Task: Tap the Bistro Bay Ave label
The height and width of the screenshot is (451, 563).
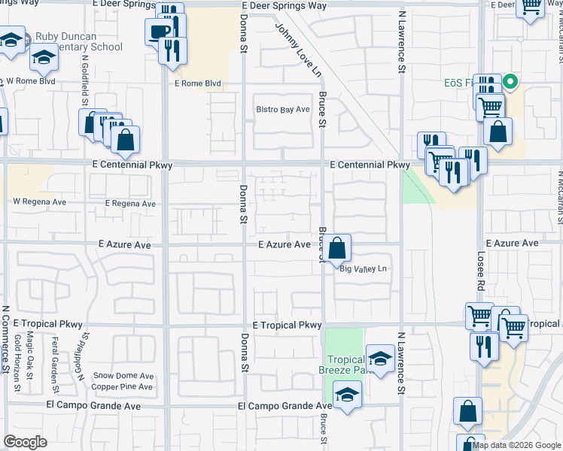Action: tap(283, 109)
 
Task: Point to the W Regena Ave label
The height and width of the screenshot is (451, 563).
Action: tap(39, 202)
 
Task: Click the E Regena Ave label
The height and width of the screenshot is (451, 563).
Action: tap(130, 204)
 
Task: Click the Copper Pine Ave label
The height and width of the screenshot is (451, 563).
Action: tap(122, 387)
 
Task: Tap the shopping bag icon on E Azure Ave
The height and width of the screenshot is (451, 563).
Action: tap(339, 247)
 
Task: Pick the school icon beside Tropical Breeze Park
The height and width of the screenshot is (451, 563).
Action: tap(380, 358)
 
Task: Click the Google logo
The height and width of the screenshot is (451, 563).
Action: tap(26, 442)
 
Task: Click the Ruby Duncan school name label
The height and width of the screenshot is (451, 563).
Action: tap(83, 41)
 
